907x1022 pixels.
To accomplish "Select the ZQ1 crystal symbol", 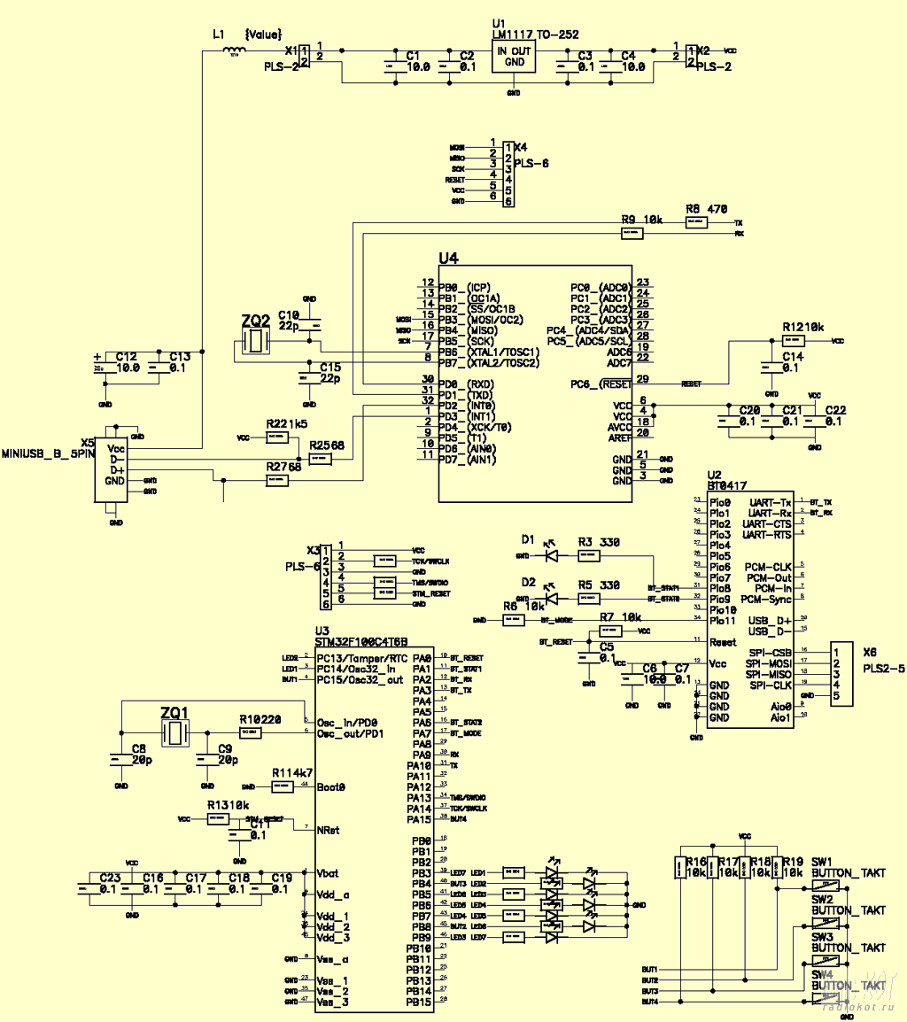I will (x=175, y=733).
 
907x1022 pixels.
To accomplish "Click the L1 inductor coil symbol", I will (x=234, y=51).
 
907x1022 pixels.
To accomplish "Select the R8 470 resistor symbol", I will (x=697, y=222).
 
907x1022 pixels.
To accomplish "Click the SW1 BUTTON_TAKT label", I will (x=848, y=867).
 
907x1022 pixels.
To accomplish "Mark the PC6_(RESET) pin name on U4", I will (x=602, y=383).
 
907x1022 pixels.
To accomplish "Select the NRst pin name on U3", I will (x=328, y=831).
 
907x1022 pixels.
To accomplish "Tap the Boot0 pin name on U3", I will (x=330, y=786).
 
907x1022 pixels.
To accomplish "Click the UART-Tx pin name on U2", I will (x=770, y=503).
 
